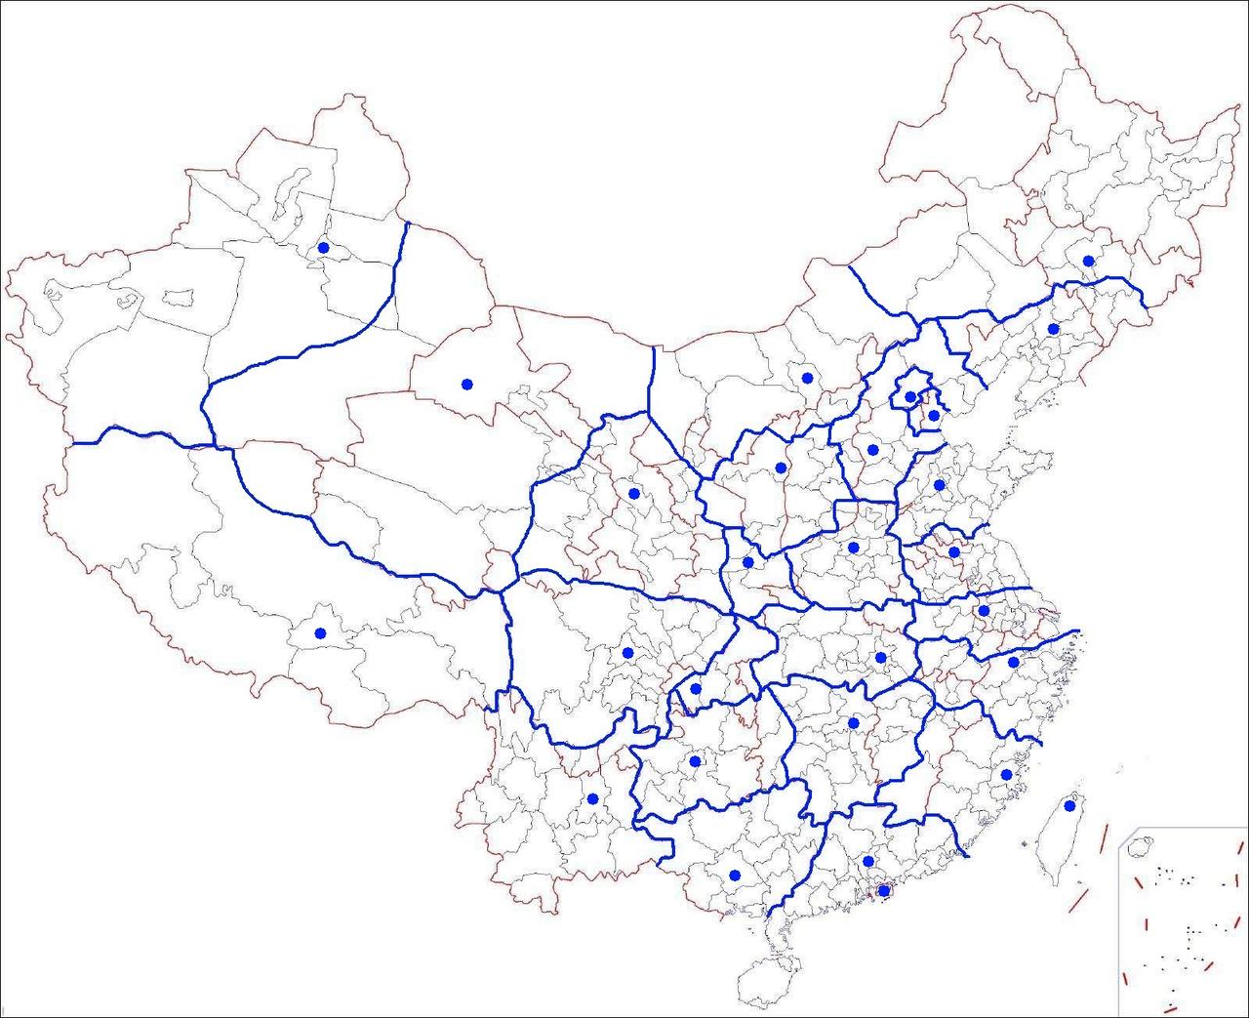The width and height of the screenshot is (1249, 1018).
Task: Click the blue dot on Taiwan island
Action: [1069, 806]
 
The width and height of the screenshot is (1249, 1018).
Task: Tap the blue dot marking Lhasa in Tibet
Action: [319, 633]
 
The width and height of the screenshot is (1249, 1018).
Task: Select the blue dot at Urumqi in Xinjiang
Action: [323, 248]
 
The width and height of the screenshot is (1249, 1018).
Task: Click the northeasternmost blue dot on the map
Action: [1088, 261]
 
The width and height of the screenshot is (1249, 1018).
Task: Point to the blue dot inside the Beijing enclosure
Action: [909, 396]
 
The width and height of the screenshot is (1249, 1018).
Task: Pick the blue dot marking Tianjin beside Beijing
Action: [933, 415]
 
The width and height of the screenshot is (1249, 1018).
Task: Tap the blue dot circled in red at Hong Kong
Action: [883, 890]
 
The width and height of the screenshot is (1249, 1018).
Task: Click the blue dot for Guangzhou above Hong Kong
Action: [867, 861]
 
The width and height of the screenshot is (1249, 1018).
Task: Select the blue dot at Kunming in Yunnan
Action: [592, 798]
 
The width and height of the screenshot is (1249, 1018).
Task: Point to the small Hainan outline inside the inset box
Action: [1137, 845]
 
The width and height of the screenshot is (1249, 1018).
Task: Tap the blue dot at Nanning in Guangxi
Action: [735, 875]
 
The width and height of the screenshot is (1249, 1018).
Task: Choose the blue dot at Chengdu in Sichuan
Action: [627, 652]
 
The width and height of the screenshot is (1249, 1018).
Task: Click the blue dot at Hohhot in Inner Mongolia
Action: [807, 378]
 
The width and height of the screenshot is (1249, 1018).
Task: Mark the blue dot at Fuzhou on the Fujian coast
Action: [1006, 774]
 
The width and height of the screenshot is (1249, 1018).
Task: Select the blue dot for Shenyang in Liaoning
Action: [1053, 329]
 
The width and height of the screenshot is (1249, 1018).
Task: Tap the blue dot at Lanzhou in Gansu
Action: [634, 493]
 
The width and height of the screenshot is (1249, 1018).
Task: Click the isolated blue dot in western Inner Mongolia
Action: [466, 384]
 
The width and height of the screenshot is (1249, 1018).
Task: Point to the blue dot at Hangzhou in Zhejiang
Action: [1013, 662]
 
